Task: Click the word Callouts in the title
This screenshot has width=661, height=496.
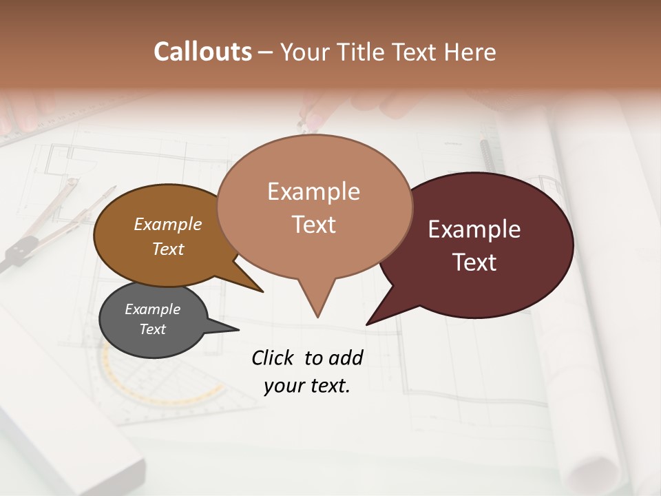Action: (x=202, y=52)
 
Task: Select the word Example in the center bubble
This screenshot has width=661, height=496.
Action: (x=313, y=192)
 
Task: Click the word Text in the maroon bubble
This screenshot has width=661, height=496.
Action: (x=474, y=262)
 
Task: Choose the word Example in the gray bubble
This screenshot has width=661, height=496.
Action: (x=152, y=309)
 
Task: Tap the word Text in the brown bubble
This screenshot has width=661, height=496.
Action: (x=168, y=249)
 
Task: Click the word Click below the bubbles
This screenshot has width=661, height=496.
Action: (x=273, y=358)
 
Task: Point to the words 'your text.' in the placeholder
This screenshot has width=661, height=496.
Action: (x=307, y=386)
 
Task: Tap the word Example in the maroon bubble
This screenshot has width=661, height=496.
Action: (x=474, y=229)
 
